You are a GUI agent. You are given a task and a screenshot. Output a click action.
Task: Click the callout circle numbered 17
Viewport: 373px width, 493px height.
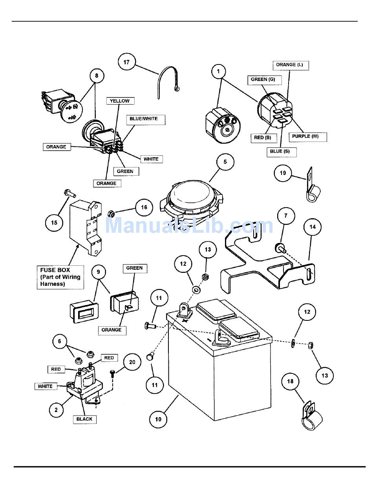click(x=126, y=62)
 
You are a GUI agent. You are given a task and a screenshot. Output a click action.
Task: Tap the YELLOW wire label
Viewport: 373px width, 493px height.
click(x=120, y=101)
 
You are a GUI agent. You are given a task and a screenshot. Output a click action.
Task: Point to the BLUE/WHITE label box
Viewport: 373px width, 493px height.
click(x=143, y=118)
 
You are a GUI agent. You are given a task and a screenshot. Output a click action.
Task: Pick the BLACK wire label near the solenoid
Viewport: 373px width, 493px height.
click(x=84, y=419)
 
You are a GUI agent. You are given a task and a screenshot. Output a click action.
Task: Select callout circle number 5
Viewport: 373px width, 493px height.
click(x=225, y=162)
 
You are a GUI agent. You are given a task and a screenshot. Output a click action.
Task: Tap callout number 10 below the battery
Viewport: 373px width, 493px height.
click(x=158, y=419)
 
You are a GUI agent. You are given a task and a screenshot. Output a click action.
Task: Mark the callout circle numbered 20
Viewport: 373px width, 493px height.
click(x=132, y=362)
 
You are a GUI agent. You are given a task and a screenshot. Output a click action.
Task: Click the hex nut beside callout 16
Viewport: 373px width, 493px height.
click(x=111, y=213)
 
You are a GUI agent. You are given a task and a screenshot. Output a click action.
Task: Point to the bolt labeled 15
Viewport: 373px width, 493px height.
click(x=69, y=193)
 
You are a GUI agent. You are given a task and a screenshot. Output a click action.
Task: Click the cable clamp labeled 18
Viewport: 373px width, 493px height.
click(x=311, y=417)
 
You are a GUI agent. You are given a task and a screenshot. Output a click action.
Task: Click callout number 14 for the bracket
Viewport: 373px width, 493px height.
click(x=313, y=227)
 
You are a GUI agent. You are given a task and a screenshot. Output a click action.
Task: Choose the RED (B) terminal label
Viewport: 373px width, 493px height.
click(x=263, y=138)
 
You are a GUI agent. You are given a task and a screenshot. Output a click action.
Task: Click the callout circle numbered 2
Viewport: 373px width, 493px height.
click(x=56, y=410)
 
